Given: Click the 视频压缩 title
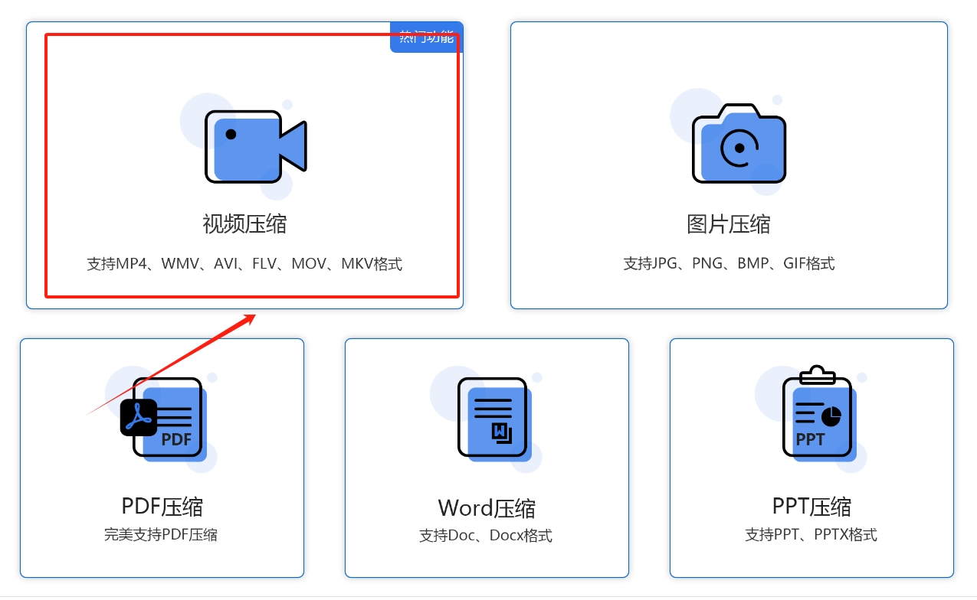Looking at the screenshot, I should click(x=244, y=224).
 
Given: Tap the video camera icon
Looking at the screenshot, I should click(x=255, y=147).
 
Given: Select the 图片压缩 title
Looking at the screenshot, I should click(x=729, y=224).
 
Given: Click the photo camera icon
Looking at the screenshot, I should click(x=739, y=145).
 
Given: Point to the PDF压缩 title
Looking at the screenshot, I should click(x=162, y=506).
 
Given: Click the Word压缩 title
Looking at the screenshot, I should click(x=487, y=508).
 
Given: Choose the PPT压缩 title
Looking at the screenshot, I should click(x=811, y=507).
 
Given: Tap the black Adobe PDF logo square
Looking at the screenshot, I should click(x=139, y=417).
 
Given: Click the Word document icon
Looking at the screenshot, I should click(x=493, y=418).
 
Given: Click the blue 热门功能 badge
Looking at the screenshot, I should click(x=426, y=37).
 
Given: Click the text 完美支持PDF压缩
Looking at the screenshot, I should click(x=161, y=534).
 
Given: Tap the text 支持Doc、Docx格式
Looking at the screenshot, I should click(x=486, y=535).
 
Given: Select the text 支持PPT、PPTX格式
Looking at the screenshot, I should click(x=811, y=534).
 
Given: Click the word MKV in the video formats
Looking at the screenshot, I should click(x=356, y=264).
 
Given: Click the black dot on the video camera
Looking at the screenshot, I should click(x=231, y=134).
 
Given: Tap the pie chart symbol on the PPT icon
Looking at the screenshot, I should click(x=831, y=416).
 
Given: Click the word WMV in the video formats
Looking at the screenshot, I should click(x=179, y=264).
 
